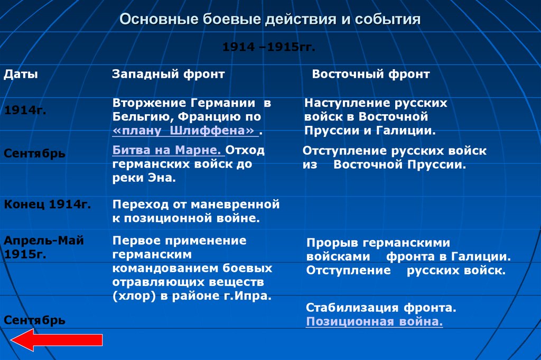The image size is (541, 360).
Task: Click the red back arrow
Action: (55, 339)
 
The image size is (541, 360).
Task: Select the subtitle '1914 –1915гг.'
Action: (268, 47)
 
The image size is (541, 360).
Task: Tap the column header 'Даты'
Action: (21, 75)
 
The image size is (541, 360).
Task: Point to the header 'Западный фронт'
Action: (168, 75)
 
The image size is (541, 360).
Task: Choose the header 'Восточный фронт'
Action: (370, 75)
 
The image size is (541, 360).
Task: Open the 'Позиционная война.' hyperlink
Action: (374, 322)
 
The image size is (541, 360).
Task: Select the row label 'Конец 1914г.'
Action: (48, 204)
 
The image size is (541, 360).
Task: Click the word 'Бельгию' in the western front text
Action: (138, 117)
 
